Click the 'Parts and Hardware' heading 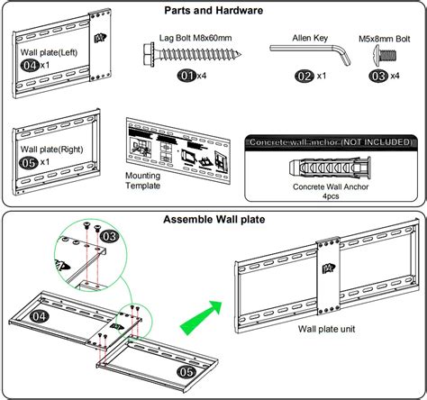point(213,11)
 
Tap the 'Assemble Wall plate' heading point(213,219)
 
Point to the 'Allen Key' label point(308,38)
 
